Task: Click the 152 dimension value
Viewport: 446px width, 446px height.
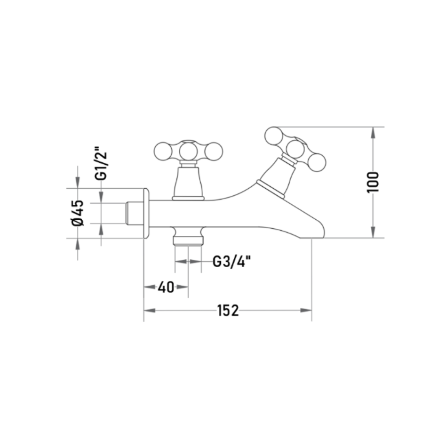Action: click(x=228, y=310)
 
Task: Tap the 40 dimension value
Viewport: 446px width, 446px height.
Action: click(x=166, y=287)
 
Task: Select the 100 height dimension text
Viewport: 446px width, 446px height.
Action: click(x=373, y=182)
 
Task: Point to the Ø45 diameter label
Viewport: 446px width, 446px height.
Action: click(x=78, y=213)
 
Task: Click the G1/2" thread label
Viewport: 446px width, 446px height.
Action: click(x=101, y=163)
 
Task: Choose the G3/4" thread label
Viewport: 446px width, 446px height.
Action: click(x=232, y=261)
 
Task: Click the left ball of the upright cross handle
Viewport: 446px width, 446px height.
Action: click(x=163, y=151)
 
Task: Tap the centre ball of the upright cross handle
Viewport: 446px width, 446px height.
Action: click(x=188, y=150)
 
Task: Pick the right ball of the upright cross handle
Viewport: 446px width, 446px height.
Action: click(x=214, y=151)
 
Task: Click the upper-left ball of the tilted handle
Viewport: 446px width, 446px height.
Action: click(x=274, y=136)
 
